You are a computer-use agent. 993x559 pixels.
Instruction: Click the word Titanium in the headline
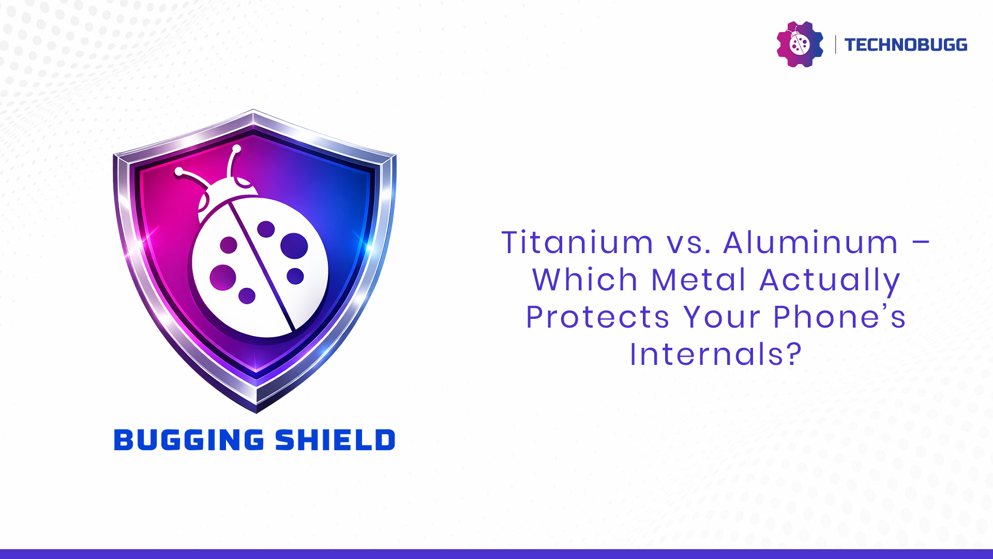point(577,242)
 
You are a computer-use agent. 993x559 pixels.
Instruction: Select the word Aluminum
point(810,242)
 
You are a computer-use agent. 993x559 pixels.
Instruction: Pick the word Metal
point(698,279)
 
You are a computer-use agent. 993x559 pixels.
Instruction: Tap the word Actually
point(830,282)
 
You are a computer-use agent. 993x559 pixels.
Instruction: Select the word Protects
point(598,317)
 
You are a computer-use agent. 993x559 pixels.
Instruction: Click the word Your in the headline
point(722,317)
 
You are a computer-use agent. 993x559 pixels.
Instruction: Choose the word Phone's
point(839,317)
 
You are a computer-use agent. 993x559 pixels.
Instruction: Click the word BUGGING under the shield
point(189,440)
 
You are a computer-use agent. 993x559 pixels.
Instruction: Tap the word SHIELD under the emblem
point(335,440)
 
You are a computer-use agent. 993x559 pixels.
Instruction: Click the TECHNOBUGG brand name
point(906,45)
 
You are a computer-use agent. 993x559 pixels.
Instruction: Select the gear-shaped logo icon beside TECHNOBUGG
point(800,44)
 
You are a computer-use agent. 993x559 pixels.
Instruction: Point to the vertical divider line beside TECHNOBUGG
point(835,45)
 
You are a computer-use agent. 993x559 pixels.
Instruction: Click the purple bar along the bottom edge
point(496,554)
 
